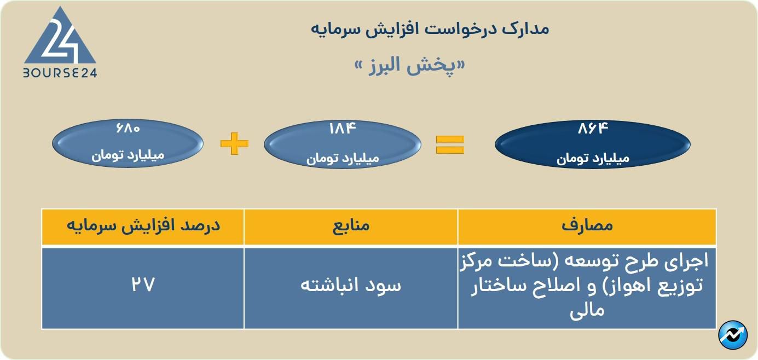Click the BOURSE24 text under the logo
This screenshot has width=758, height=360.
coord(60,73)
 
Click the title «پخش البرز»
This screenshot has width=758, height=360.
coord(410,65)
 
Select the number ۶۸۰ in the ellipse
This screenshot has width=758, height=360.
coord(128,128)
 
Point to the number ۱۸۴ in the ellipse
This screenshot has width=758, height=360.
coord(343,129)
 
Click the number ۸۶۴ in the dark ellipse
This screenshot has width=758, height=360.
coord(593,129)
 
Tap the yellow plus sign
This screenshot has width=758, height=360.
coord(234,143)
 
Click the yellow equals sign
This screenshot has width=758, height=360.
coord(450,144)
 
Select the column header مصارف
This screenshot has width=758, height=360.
coord(587,225)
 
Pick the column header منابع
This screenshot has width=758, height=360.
coord(351,225)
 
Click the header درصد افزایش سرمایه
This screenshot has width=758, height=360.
coord(143,225)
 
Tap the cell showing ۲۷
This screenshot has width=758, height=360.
coord(143,284)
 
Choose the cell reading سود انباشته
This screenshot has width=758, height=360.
coord(351,285)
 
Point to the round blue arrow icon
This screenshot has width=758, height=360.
coord(733,335)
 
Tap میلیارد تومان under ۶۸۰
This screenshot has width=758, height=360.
coord(128,155)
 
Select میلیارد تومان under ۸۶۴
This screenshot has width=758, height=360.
coord(593,158)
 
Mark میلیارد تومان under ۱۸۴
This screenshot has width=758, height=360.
coord(343,158)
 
